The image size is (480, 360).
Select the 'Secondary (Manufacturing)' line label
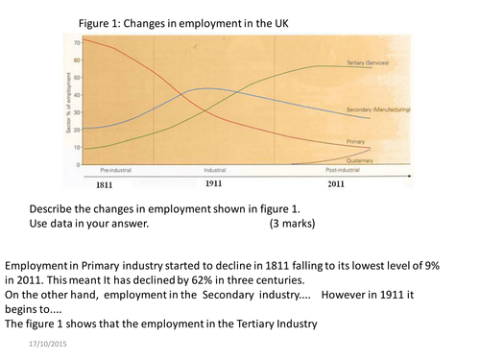[378, 111]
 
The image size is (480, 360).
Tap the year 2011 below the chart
[336, 182]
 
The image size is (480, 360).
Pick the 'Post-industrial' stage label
[336, 170]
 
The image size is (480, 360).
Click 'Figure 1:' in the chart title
[95, 20]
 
